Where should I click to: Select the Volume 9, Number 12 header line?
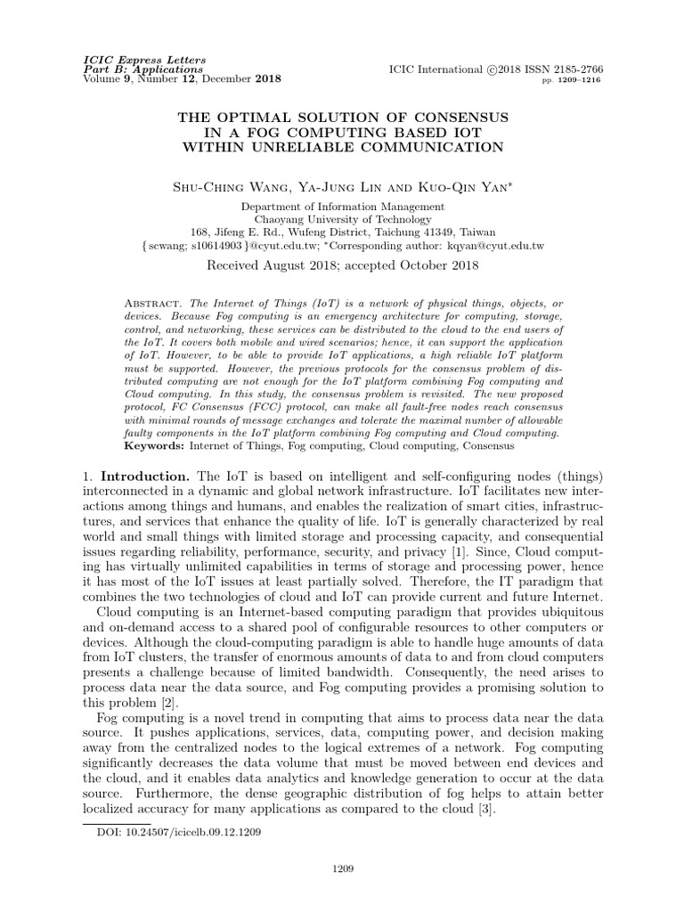point(181,79)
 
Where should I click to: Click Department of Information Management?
point(342,206)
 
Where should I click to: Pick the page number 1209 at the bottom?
point(342,892)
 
